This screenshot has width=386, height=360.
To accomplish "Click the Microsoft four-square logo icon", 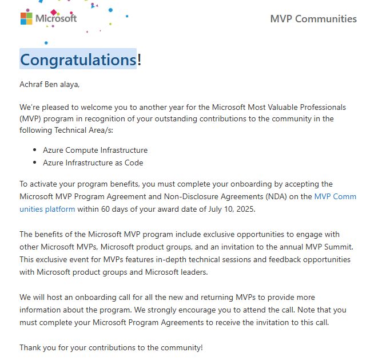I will [x=26, y=18].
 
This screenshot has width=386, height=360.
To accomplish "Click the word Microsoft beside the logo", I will [x=56, y=18].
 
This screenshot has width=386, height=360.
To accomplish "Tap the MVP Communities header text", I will [x=313, y=19].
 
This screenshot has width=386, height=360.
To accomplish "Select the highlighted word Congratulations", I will [x=78, y=59].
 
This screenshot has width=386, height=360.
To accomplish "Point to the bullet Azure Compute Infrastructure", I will [x=95, y=150].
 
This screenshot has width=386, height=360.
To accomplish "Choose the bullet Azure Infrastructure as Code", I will [x=93, y=163].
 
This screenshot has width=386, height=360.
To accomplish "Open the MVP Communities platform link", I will [x=335, y=196].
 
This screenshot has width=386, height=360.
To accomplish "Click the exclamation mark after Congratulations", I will [x=140, y=59].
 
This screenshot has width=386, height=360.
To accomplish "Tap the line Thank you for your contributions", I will [x=111, y=347].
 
